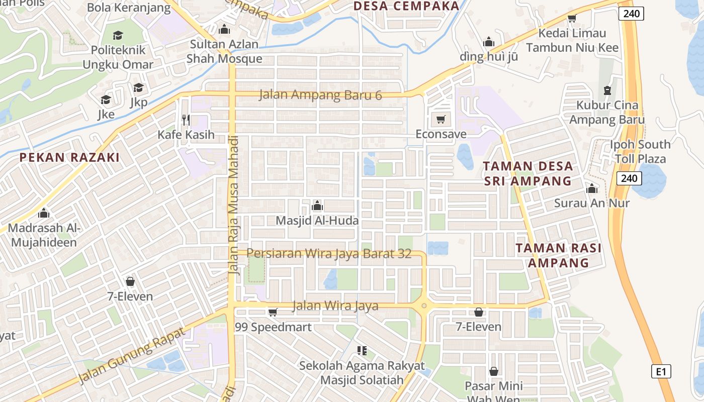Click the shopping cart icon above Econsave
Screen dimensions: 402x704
coord(441,120)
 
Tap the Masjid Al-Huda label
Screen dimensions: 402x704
coord(317,221)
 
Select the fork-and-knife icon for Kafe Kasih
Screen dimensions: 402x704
coord(186,120)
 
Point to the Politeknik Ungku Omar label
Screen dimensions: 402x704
coord(118,57)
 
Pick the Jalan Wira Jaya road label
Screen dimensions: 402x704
coord(335,306)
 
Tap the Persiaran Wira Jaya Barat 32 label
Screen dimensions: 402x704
coord(329,254)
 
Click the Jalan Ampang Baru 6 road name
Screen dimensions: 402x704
coord(320,95)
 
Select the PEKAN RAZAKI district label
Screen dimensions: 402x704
coord(69,157)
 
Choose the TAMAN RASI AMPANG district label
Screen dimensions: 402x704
coord(559,255)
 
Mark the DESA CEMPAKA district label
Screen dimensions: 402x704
coord(406,6)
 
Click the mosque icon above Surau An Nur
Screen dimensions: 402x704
coord(592,188)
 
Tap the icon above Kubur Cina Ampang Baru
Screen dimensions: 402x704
coord(607,90)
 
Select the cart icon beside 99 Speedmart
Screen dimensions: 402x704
coord(273,313)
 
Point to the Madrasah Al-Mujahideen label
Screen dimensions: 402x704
coord(44,235)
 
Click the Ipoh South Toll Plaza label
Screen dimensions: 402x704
coord(640,152)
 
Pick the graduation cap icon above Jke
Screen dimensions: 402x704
coord(106,99)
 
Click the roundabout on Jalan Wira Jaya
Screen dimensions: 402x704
coord(424,305)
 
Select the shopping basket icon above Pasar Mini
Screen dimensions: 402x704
coord(494,371)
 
